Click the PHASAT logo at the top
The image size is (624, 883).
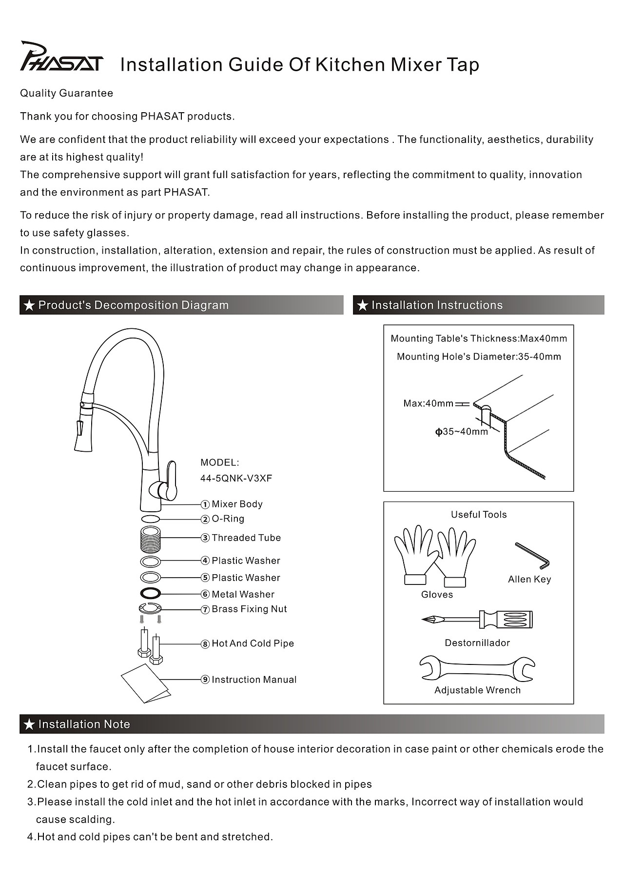click(61, 58)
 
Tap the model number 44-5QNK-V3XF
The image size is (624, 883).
click(236, 479)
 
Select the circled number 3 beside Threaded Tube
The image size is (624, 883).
click(205, 538)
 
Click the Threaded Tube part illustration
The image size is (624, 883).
click(150, 539)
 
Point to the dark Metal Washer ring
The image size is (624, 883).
click(150, 594)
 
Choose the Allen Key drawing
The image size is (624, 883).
click(532, 556)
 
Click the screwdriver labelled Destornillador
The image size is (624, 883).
click(477, 620)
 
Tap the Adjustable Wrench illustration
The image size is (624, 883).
click(477, 668)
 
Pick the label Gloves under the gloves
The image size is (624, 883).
click(437, 595)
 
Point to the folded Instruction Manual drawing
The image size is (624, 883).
click(145, 683)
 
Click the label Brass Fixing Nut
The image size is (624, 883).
click(249, 609)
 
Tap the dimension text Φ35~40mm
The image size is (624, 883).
click(461, 432)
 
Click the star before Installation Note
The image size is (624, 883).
click(29, 724)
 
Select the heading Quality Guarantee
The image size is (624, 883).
click(66, 93)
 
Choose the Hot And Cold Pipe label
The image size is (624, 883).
click(253, 643)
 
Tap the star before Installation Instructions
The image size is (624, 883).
click(362, 305)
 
